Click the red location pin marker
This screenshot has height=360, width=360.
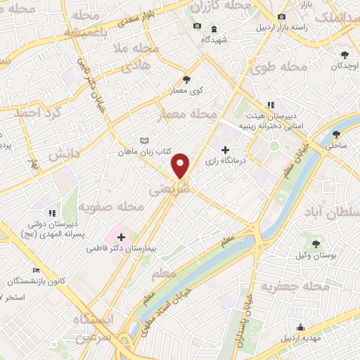pos(181,165)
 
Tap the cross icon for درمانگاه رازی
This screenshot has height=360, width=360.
pos(225,150)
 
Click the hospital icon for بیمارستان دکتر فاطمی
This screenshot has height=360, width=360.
pos(122,237)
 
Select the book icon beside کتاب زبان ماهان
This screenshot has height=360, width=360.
pos(145,141)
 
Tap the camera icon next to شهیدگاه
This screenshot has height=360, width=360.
pos(197,27)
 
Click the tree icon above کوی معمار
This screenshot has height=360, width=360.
pos(186,79)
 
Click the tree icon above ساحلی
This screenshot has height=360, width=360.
pos(336,134)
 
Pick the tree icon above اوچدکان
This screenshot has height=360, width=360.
pos(345,55)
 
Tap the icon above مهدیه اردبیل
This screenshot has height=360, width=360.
pos(301,327)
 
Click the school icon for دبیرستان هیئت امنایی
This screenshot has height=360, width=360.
pos(271,105)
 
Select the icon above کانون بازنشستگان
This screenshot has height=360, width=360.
pos(37,271)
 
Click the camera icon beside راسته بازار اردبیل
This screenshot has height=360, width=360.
pos(282,16)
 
